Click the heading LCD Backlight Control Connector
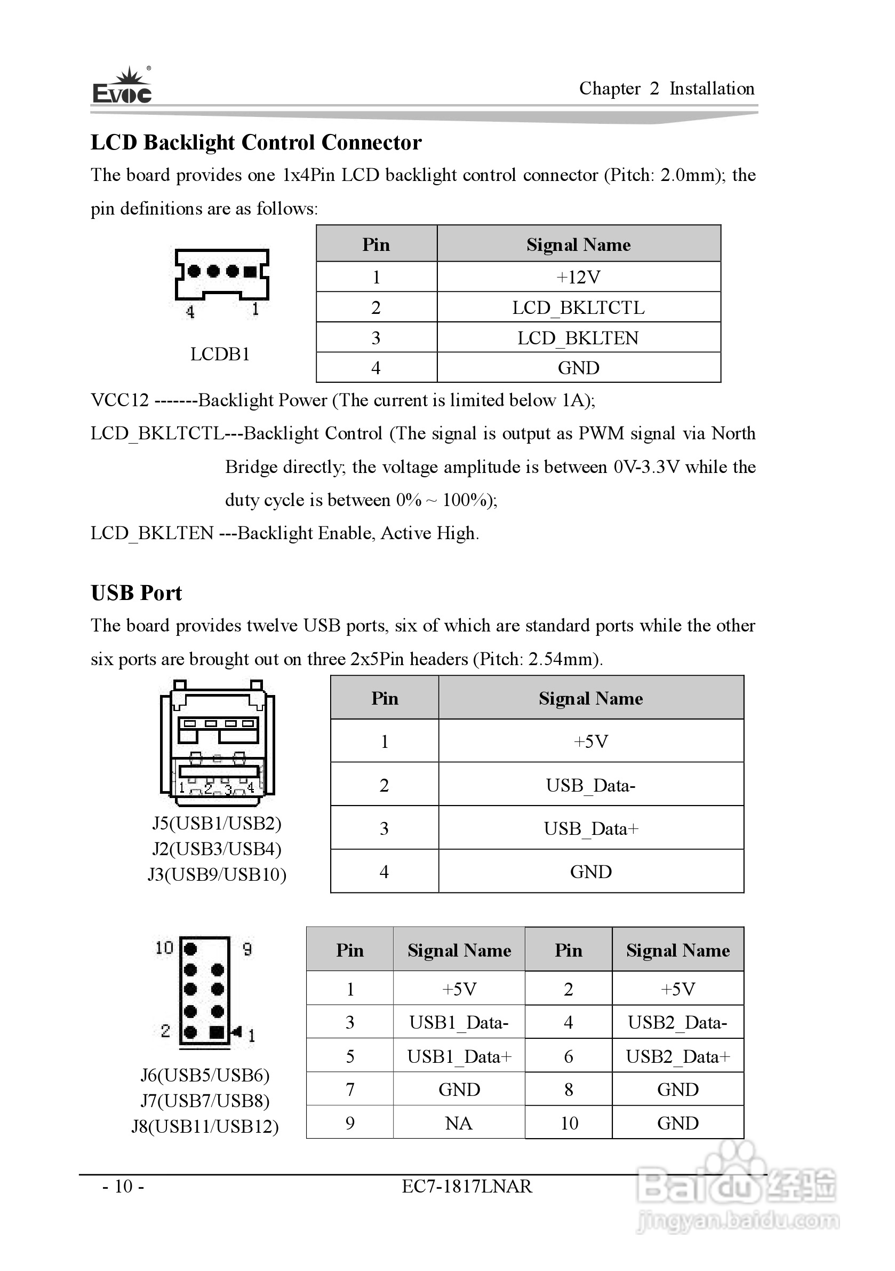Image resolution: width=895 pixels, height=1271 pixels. point(255,143)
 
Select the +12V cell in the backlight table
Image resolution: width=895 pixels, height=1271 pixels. point(578,277)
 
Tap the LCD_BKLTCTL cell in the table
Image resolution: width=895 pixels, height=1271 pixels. point(578,308)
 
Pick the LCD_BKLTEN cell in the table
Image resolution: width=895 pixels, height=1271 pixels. point(578,338)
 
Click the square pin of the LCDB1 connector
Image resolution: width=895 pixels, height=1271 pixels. point(250,271)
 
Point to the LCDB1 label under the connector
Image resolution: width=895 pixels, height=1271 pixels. point(220,354)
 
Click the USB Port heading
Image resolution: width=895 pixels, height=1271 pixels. point(136,593)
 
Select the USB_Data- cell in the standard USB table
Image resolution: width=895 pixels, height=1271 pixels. point(590,785)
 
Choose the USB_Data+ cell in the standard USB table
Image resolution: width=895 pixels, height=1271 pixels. point(590,828)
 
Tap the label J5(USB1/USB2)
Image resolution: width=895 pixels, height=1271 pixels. point(217,823)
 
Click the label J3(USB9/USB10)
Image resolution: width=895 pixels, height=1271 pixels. point(217,874)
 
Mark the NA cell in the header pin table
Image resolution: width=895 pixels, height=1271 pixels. point(459,1123)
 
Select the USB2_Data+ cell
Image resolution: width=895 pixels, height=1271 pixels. point(677,1056)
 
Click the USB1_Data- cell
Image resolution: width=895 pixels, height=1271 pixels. point(459,1022)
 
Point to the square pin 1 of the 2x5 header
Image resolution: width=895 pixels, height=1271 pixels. point(217,1032)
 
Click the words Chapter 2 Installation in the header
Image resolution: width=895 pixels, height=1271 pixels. point(666,89)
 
